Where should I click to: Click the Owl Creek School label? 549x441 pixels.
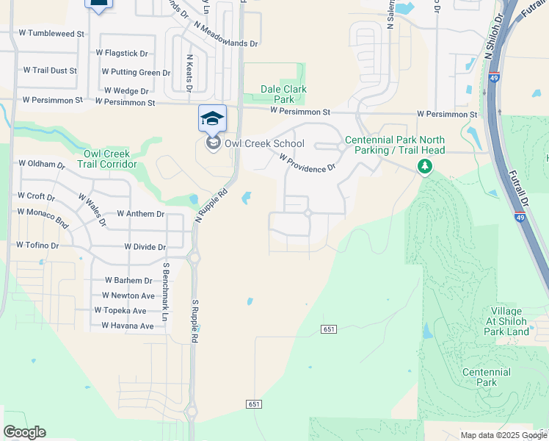click(x=254, y=143)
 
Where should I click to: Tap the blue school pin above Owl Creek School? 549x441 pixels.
click(x=213, y=119)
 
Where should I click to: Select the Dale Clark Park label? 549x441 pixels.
click(x=284, y=94)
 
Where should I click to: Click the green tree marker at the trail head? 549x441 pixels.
click(x=424, y=168)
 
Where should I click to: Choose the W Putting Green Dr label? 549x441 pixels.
click(x=136, y=72)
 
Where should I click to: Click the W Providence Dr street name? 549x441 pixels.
click(x=307, y=162)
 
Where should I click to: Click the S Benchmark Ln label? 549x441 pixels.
click(x=167, y=292)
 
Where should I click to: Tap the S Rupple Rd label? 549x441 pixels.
click(x=195, y=321)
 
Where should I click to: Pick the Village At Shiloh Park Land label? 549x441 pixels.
click(x=506, y=321)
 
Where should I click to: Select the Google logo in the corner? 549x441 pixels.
click(x=24, y=432)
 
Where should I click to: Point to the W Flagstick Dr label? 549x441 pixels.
click(x=122, y=53)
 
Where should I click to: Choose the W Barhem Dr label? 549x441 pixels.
click(x=128, y=281)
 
